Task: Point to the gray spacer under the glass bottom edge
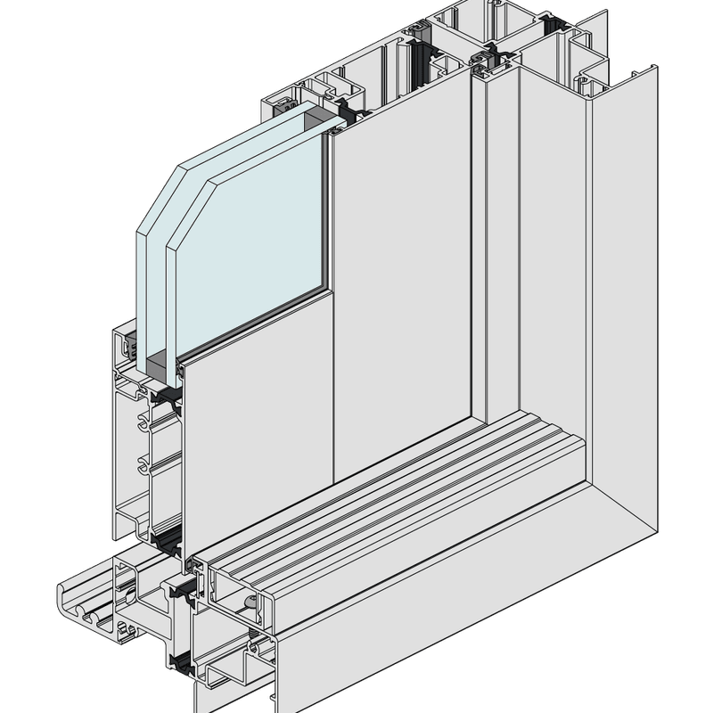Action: coord(160,365)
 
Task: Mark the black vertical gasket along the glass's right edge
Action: coord(327,214)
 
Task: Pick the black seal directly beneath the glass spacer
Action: coord(166,393)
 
